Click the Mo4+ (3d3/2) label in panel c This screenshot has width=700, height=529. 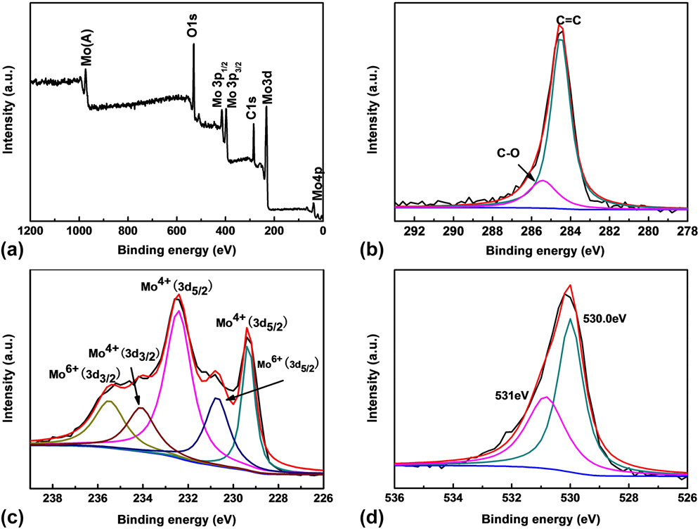coord(124,351)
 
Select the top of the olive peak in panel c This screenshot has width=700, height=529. coord(109,401)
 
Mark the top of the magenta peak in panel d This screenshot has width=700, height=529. coord(546,397)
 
